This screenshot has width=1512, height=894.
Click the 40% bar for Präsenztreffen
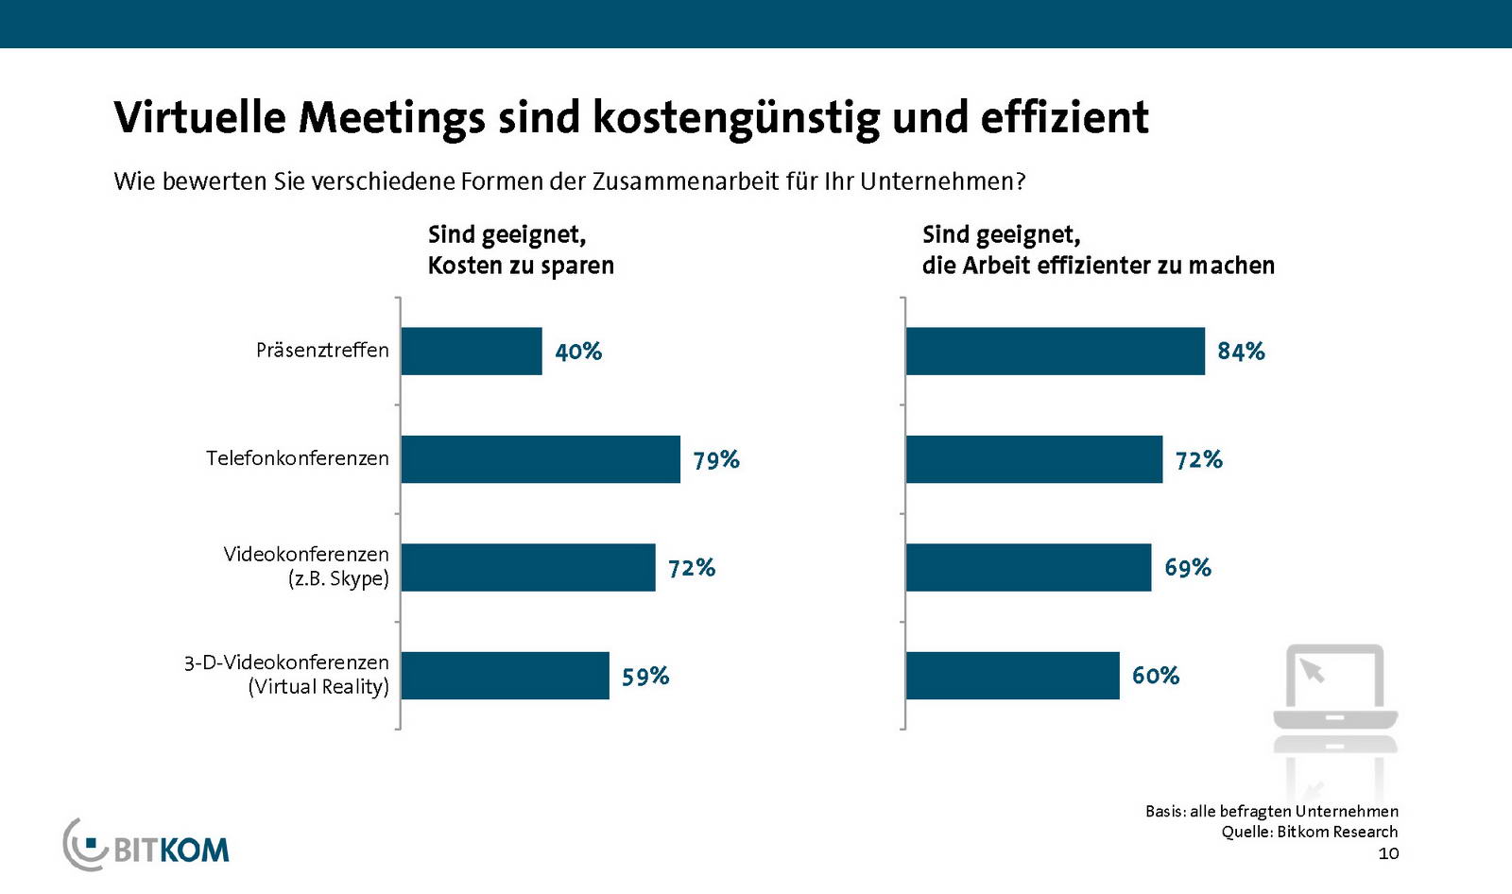(x=471, y=352)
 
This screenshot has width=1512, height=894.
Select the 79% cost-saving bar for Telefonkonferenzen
(x=540, y=459)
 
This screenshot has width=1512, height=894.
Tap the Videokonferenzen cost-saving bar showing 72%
(x=527, y=567)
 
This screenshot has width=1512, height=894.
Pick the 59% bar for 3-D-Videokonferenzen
(x=505, y=676)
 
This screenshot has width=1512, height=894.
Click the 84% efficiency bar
(x=1055, y=352)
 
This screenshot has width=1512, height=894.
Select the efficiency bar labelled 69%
(x=1028, y=567)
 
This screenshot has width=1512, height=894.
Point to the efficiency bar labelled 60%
(x=1012, y=676)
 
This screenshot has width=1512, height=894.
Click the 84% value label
(x=1241, y=352)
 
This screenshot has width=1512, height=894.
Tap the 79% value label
(x=716, y=460)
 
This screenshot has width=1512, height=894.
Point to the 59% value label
(x=645, y=677)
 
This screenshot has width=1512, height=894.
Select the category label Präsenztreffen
(x=322, y=351)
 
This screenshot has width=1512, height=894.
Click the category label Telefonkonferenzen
(x=298, y=458)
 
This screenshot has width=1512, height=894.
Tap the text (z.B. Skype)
(x=338, y=578)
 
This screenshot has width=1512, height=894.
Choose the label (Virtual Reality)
(x=318, y=687)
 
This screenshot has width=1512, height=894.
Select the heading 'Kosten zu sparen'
(x=521, y=266)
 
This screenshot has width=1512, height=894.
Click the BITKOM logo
(x=147, y=845)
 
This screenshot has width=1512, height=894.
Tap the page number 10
(x=1388, y=854)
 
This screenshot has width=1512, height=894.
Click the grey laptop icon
(x=1334, y=689)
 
